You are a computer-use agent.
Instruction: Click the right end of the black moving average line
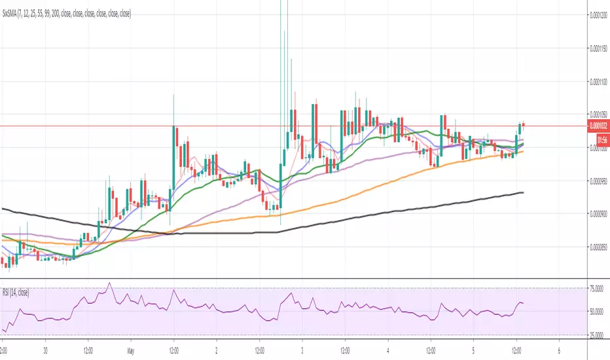pos(522,192)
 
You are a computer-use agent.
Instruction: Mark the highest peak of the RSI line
pos(109,283)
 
